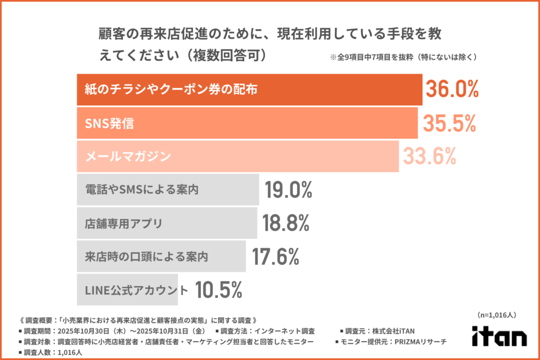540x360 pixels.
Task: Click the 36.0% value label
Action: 452,90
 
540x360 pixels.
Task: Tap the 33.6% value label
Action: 429,156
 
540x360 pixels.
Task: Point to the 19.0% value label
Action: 288,189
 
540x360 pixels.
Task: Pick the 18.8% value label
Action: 285,223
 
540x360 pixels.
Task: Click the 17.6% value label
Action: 275,257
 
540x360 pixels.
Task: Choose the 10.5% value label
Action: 218,289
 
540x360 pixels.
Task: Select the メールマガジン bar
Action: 237,156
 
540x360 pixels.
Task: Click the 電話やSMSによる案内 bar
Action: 168,189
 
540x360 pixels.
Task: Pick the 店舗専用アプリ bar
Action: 167,223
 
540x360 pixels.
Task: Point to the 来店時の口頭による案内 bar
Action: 161,257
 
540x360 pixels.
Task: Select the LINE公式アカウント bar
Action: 127,289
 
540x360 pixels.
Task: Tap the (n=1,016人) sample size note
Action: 496,315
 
